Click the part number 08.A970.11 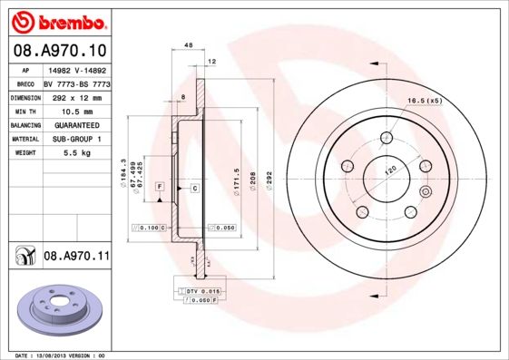click(76, 258)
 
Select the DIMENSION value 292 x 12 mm click(75, 96)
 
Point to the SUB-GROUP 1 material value click(75, 139)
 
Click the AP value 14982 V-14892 click(75, 68)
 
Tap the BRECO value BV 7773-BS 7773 click(75, 82)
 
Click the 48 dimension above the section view click(189, 44)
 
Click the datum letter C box click(194, 187)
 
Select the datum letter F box click(160, 187)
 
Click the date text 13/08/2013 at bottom click(60, 355)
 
